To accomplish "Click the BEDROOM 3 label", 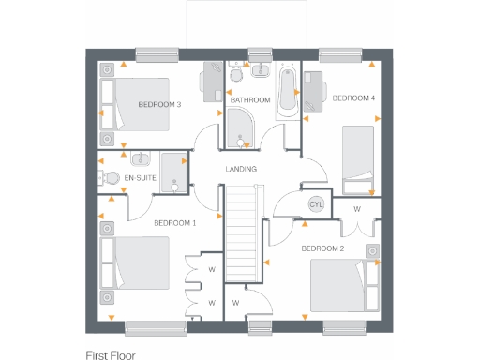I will pyautogui.click(x=159, y=103).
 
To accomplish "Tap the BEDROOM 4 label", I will pyautogui.click(x=353, y=97).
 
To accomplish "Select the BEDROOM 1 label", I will pyautogui.click(x=174, y=223).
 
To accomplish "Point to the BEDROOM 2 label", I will pyautogui.click(x=322, y=248).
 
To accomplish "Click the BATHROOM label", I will pyautogui.click(x=250, y=99).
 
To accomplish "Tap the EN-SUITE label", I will pyautogui.click(x=140, y=177).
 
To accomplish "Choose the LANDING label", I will pyautogui.click(x=241, y=169).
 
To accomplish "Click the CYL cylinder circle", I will pyautogui.click(x=316, y=204).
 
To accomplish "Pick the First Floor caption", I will pyautogui.click(x=111, y=355).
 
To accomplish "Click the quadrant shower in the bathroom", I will pyautogui.click(x=239, y=127).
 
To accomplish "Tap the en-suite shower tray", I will pyautogui.click(x=173, y=172).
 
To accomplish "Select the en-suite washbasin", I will pyautogui.click(x=141, y=158).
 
